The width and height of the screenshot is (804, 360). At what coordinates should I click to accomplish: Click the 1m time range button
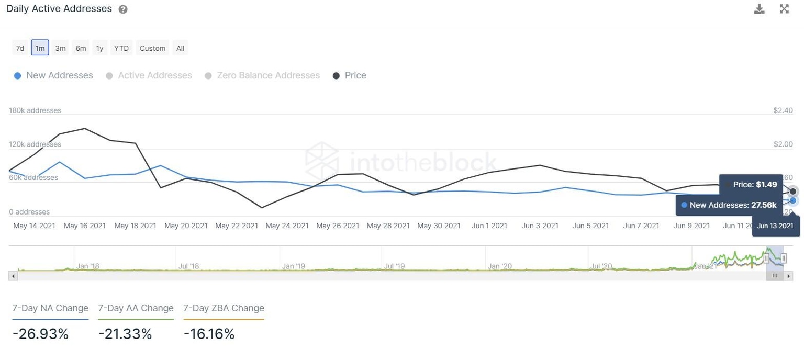click(x=40, y=48)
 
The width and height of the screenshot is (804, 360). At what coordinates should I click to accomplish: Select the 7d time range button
click(x=20, y=48)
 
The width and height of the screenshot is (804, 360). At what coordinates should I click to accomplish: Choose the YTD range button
click(x=121, y=48)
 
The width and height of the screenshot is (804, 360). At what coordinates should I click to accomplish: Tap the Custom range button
click(x=152, y=48)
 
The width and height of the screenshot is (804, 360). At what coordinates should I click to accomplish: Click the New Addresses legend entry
click(x=53, y=75)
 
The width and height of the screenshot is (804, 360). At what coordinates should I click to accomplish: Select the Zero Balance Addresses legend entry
click(x=262, y=75)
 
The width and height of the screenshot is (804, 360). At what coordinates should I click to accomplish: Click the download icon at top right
click(x=759, y=9)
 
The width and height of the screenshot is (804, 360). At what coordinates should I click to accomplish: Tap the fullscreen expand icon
click(x=784, y=9)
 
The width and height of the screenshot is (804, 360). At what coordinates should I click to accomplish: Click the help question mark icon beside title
click(x=123, y=9)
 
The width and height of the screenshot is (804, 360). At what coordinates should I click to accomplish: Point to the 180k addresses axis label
click(x=35, y=110)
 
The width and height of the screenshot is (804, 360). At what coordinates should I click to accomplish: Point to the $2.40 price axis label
click(x=783, y=110)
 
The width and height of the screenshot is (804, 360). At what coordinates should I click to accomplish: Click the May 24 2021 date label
click(x=287, y=226)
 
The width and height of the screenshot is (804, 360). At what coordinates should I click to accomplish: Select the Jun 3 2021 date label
click(x=540, y=226)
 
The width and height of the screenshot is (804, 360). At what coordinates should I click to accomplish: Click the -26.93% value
click(x=41, y=334)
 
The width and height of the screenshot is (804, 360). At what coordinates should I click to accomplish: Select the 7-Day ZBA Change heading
click(x=224, y=308)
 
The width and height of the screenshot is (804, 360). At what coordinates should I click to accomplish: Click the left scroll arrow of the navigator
click(x=13, y=276)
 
